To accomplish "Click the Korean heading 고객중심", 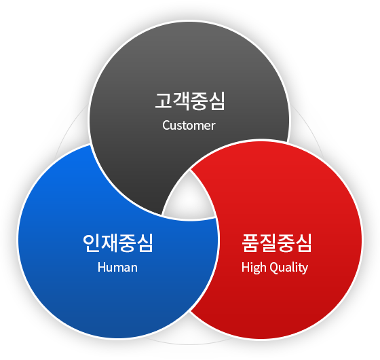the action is pos(190,101).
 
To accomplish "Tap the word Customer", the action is pos(189,126).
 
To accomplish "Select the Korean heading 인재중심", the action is pos(118,243).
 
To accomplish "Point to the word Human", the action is pos(117,268).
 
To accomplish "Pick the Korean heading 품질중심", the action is pos(277,243).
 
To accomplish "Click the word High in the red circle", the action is pos(254,268).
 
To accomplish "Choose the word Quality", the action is pos(288,268).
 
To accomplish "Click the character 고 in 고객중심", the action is pos(164,101).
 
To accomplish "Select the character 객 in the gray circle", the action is pos(180,101).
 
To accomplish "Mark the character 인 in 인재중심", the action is pos(91,243).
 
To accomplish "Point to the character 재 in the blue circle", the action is pos(109,243).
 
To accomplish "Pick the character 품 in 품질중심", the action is pos(250,243).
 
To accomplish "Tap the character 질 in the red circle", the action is pos(267,243).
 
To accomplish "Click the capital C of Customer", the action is pos(166,126).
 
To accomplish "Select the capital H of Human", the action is pos(102,268).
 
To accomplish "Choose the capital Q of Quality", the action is pos(274,268).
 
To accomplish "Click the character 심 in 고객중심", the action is pos(216,101).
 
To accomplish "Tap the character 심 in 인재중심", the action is pos(145,243).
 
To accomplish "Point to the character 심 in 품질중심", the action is pos(303,243).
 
